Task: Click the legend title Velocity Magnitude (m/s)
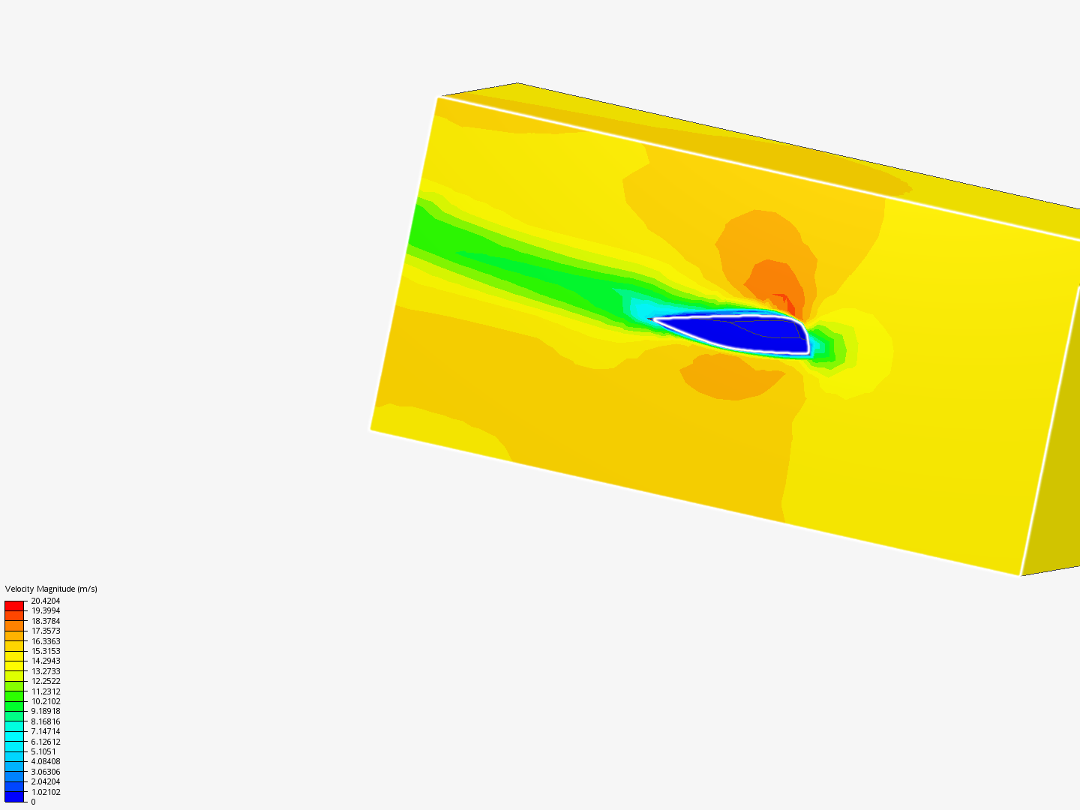(x=51, y=589)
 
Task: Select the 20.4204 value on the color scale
(x=45, y=601)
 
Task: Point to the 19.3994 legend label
(x=45, y=610)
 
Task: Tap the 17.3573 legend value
(x=45, y=631)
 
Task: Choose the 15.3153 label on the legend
(x=45, y=651)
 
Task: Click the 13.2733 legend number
(x=45, y=671)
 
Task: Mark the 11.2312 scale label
(x=45, y=691)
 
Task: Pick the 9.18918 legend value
(x=45, y=711)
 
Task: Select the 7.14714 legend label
(x=45, y=731)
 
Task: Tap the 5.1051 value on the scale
(x=43, y=751)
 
